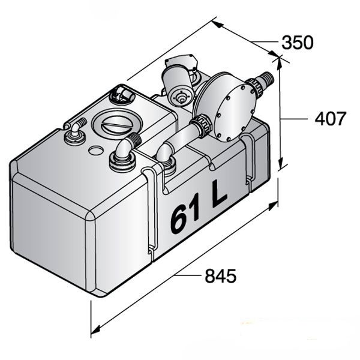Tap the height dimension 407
point(331,119)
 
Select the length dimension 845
point(220,276)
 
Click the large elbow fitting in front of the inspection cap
point(122,153)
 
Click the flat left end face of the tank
point(51,231)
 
